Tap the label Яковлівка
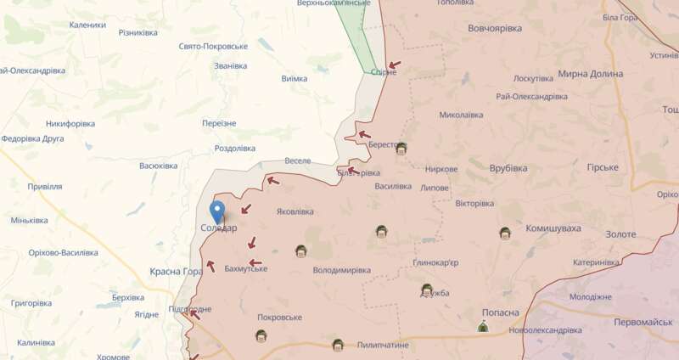click(x=295, y=212)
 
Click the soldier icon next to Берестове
click(x=401, y=149)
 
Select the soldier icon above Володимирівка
click(x=300, y=251)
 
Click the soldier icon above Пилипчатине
click(x=338, y=346)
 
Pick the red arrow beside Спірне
click(x=394, y=65)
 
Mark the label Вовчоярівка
click(x=495, y=28)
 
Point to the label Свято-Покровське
click(x=213, y=47)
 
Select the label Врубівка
click(x=508, y=168)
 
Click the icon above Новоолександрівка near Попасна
click(x=483, y=327)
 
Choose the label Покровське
click(x=279, y=317)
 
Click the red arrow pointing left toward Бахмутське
click(x=253, y=262)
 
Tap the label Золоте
click(x=620, y=234)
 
